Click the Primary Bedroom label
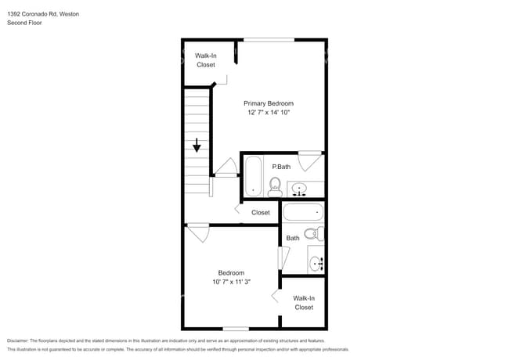click(x=269, y=103)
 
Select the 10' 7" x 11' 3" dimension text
click(x=231, y=282)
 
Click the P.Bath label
click(x=281, y=167)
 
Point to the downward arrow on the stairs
click(x=197, y=146)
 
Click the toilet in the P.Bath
click(x=275, y=185)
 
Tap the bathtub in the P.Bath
click(x=254, y=177)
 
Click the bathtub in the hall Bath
click(x=302, y=212)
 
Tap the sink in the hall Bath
click(x=316, y=262)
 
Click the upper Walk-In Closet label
click(x=205, y=60)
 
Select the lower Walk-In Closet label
click(x=304, y=302)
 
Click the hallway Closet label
click(x=261, y=212)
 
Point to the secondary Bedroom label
click(x=231, y=272)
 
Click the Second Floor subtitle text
click(x=25, y=23)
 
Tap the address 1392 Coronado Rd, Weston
click(x=43, y=14)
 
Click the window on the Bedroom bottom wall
click(x=236, y=328)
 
